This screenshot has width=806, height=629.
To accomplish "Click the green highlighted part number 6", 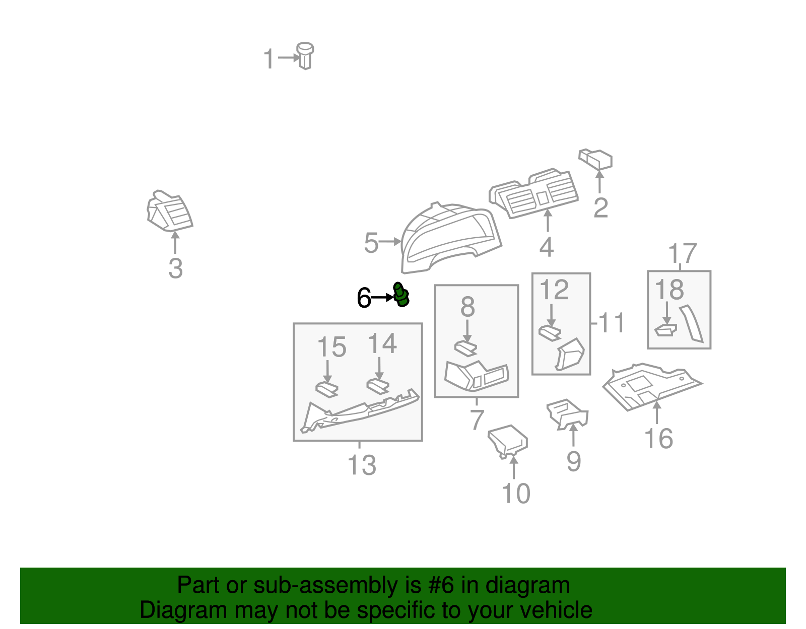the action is [x=401, y=295].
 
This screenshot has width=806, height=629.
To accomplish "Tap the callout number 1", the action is [x=268, y=58].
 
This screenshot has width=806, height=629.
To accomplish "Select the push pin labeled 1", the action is [x=305, y=56].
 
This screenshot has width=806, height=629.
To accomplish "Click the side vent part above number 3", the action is [x=169, y=211].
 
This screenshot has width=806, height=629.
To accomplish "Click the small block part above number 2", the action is [x=596, y=159].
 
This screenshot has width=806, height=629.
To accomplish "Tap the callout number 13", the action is [x=362, y=465].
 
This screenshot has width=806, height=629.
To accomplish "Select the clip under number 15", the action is [x=327, y=389].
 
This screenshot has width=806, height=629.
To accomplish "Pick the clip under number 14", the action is [x=378, y=386].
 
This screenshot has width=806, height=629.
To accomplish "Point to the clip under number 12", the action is [x=550, y=332].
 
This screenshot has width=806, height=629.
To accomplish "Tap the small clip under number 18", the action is [x=666, y=330].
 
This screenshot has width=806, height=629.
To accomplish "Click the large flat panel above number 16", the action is [x=652, y=386].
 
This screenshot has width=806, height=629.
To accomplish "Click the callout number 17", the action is [x=683, y=253].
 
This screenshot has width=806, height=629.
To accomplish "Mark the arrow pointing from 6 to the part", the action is [x=382, y=297].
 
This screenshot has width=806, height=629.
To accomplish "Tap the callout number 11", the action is [x=612, y=322].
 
